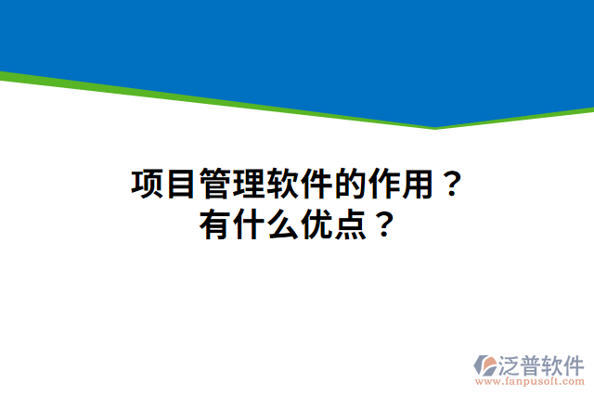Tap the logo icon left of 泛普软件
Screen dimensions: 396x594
(x=484, y=364)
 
